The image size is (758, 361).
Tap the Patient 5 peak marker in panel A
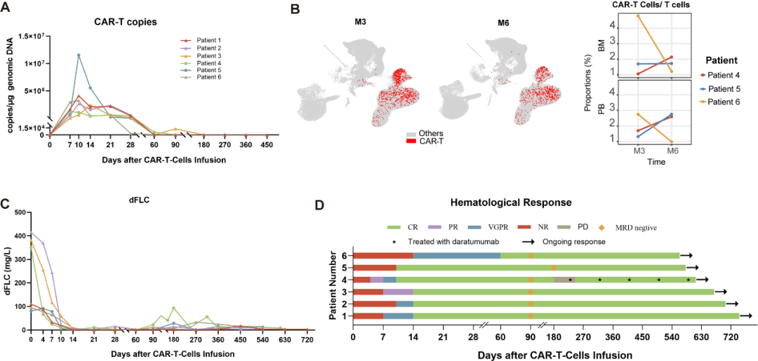(x=79, y=55)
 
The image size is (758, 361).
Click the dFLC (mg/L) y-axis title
(x=8, y=270)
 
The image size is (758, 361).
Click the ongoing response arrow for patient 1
(x=745, y=315)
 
